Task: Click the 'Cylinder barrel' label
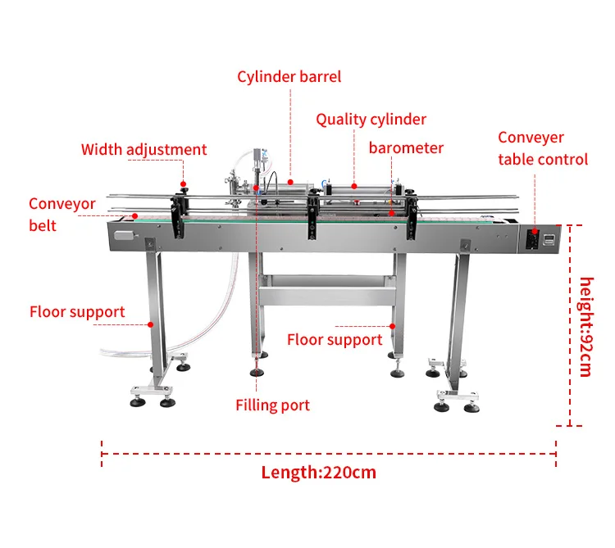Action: (289, 77)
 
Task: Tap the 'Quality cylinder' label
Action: (371, 120)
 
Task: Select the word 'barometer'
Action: (406, 148)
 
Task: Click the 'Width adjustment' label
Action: (143, 150)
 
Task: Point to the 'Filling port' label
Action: (272, 405)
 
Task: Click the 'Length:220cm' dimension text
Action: (319, 473)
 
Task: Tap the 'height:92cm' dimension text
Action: (585, 327)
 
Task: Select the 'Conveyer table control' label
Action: (543, 148)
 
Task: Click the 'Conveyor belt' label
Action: (61, 214)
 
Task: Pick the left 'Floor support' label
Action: (77, 312)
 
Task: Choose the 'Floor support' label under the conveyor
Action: (335, 340)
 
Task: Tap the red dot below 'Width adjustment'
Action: (183, 184)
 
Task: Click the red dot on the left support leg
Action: (152, 324)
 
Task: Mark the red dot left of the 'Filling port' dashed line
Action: (257, 188)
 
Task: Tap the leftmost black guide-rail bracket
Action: (178, 215)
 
